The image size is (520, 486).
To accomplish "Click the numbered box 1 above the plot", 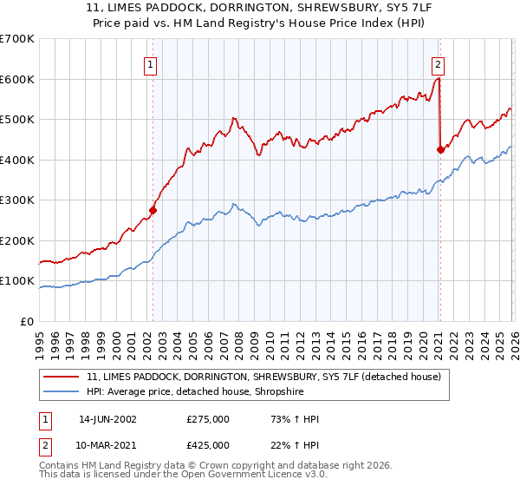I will pyautogui.click(x=151, y=63).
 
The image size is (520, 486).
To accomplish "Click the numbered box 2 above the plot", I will pyautogui.click(x=439, y=63).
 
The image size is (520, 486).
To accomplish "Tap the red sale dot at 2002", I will pyautogui.click(x=153, y=209).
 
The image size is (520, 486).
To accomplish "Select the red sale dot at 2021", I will pyautogui.click(x=440, y=149).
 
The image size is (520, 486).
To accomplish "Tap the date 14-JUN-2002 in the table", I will pyautogui.click(x=109, y=419).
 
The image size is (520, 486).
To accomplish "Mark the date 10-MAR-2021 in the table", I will pyautogui.click(x=109, y=445).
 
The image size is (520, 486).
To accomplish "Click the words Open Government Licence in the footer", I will pyautogui.click(x=243, y=476).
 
